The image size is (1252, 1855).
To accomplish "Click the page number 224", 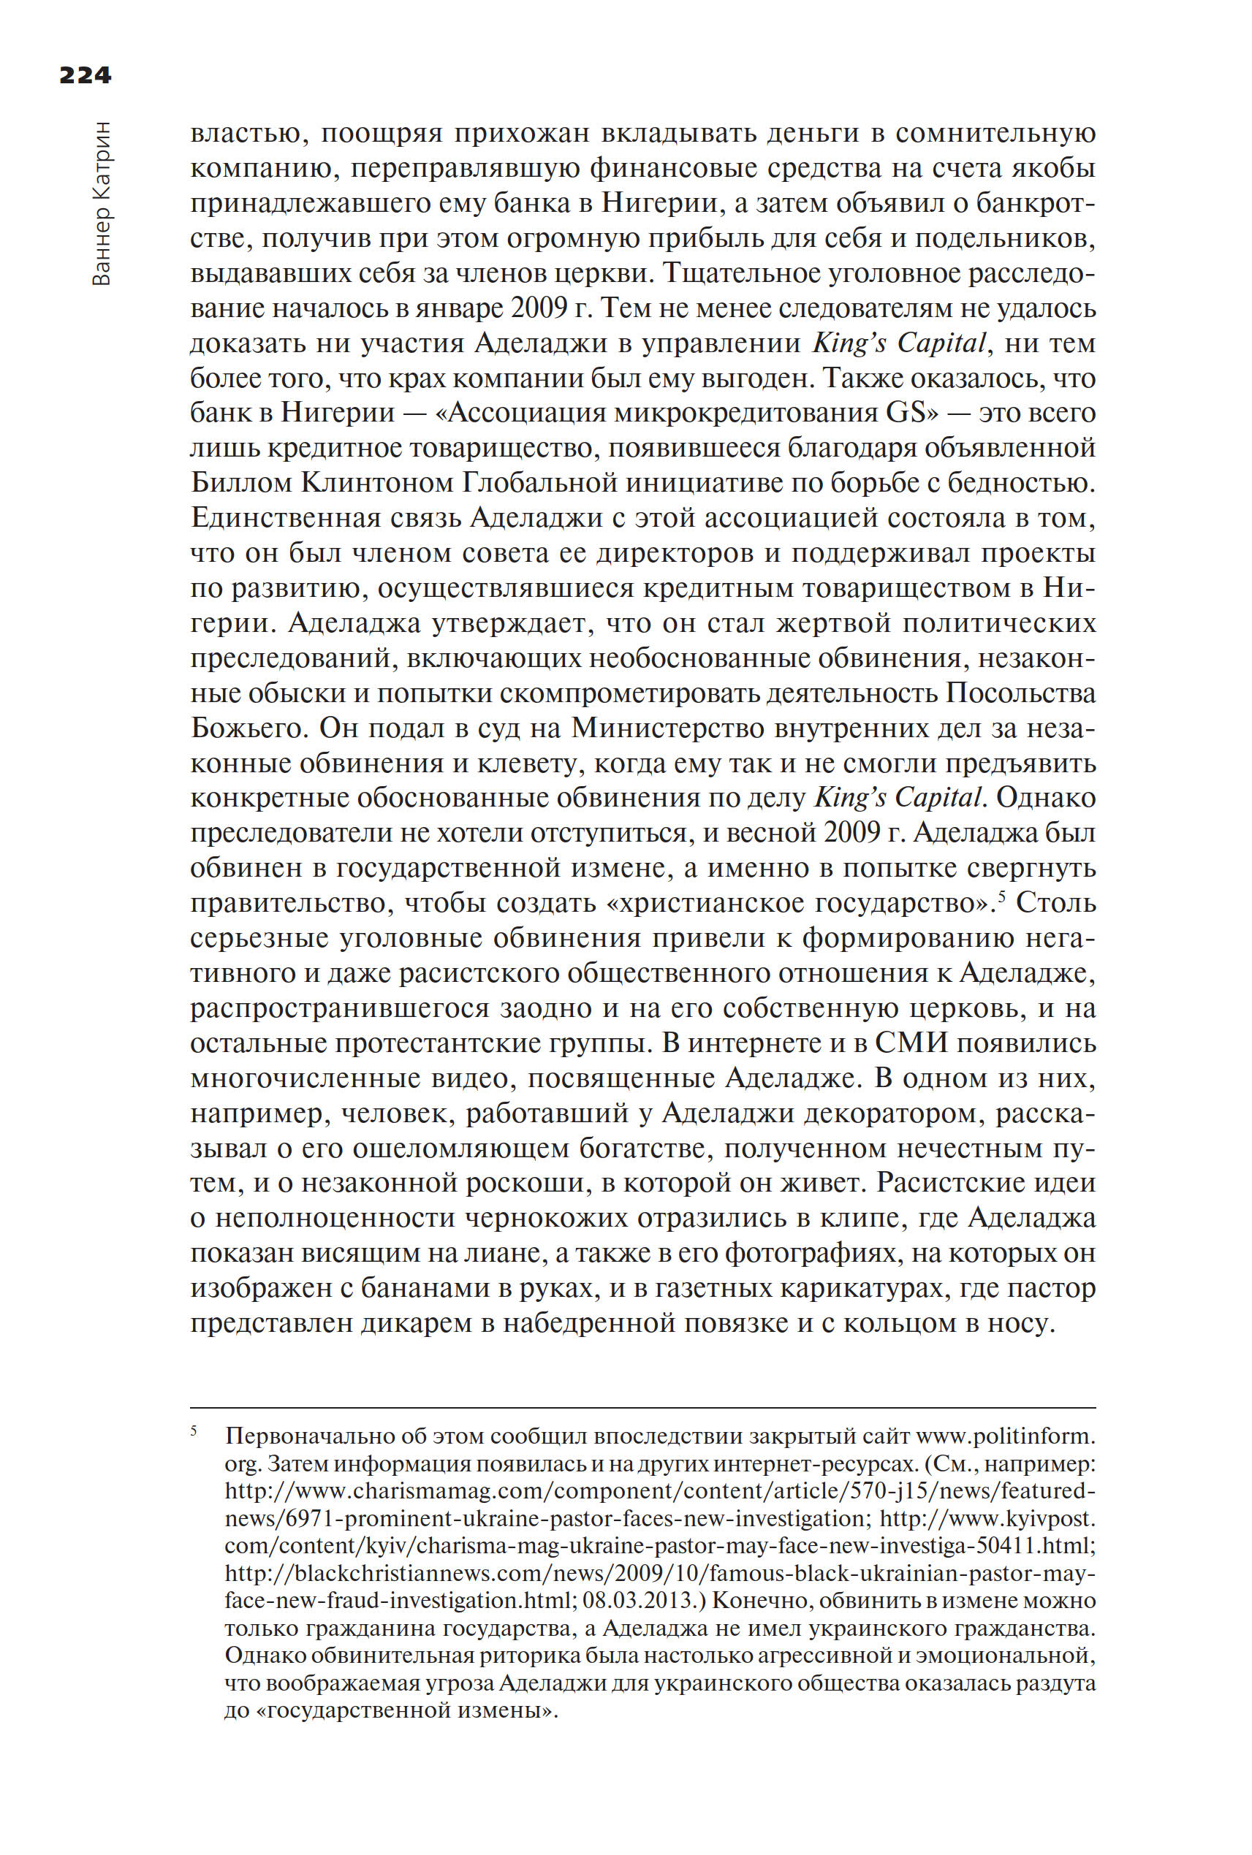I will [x=86, y=75].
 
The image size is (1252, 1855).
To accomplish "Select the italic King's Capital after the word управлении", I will [x=898, y=343].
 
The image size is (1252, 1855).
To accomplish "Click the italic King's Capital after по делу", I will [x=898, y=797].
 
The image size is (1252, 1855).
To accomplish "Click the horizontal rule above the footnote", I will [x=642, y=1408].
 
